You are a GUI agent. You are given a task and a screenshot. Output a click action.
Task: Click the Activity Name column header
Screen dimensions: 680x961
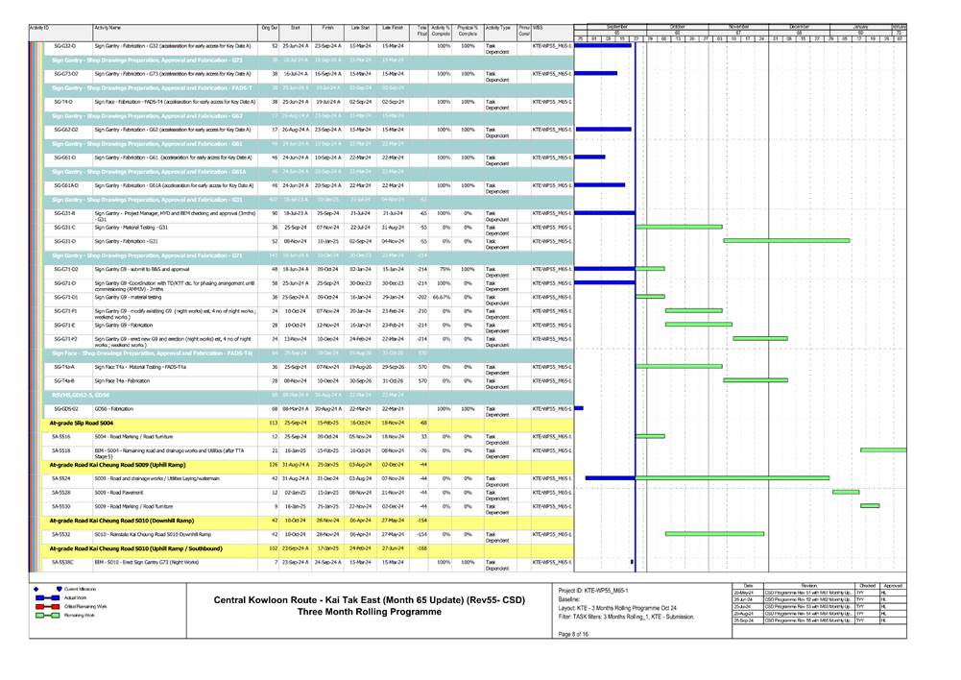pos(114,29)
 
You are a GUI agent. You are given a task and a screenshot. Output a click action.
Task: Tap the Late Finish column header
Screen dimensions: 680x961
pos(392,29)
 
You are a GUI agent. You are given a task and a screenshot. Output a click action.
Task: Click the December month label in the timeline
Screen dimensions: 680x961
pos(800,26)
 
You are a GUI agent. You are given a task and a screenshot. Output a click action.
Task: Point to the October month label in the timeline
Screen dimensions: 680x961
pos(678,26)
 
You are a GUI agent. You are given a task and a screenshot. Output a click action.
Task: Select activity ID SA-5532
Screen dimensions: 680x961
pos(60,533)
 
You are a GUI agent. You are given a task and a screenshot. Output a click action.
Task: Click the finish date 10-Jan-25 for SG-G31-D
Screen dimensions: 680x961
pos(327,241)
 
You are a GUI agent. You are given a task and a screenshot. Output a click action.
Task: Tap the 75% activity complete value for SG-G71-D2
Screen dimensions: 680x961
pos(444,269)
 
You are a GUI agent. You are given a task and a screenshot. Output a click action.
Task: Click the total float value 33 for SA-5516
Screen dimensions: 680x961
pos(422,436)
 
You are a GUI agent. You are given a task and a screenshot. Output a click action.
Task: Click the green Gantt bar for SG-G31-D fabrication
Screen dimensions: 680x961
pos(786,241)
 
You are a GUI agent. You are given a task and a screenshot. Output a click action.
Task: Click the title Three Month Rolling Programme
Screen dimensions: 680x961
pos(366,612)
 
